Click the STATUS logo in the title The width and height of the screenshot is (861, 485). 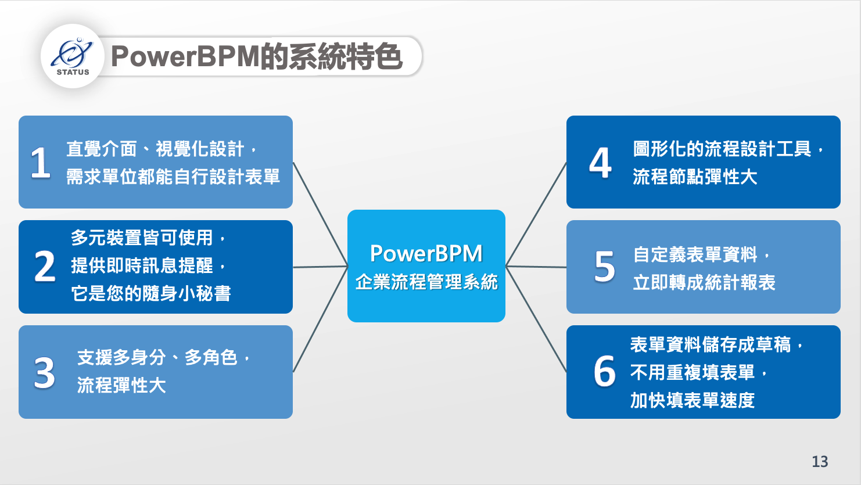tap(72, 56)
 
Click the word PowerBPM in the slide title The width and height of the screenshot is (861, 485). tap(185, 56)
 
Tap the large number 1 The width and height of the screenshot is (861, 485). tap(40, 163)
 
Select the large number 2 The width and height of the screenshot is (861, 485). tap(45, 266)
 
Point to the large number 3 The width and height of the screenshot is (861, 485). tap(44, 372)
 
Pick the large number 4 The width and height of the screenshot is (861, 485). tap(600, 163)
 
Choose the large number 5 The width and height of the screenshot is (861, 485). tap(605, 266)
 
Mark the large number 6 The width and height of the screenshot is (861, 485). tap(605, 371)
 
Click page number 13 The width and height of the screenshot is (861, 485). tap(820, 462)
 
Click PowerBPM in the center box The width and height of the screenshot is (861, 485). tap(426, 253)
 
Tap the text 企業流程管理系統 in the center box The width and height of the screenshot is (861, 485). tap(426, 282)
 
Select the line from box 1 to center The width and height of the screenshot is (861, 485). tap(320, 214)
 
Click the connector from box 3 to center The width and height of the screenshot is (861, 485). tap(320, 319)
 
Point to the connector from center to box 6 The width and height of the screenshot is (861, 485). tap(536, 319)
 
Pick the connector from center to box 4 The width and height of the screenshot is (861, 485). tap(536, 214)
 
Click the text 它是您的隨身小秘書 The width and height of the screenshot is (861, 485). tap(151, 293)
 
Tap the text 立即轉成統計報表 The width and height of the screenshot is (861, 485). tap(704, 282)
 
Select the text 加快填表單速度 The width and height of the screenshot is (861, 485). tap(693, 400)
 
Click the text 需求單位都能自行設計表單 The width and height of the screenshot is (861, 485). tap(173, 177)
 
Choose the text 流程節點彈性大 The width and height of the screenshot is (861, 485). tap(695, 177)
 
